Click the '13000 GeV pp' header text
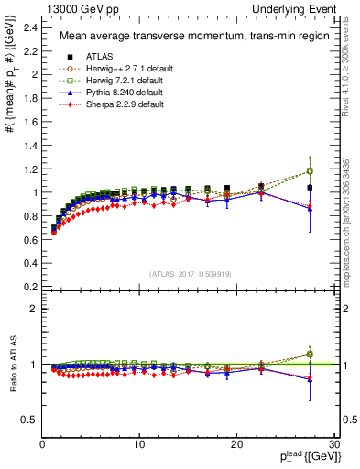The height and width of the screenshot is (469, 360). click(x=72, y=8)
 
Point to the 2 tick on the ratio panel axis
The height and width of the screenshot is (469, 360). click(x=34, y=309)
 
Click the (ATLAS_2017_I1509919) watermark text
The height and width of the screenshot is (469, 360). click(x=190, y=274)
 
